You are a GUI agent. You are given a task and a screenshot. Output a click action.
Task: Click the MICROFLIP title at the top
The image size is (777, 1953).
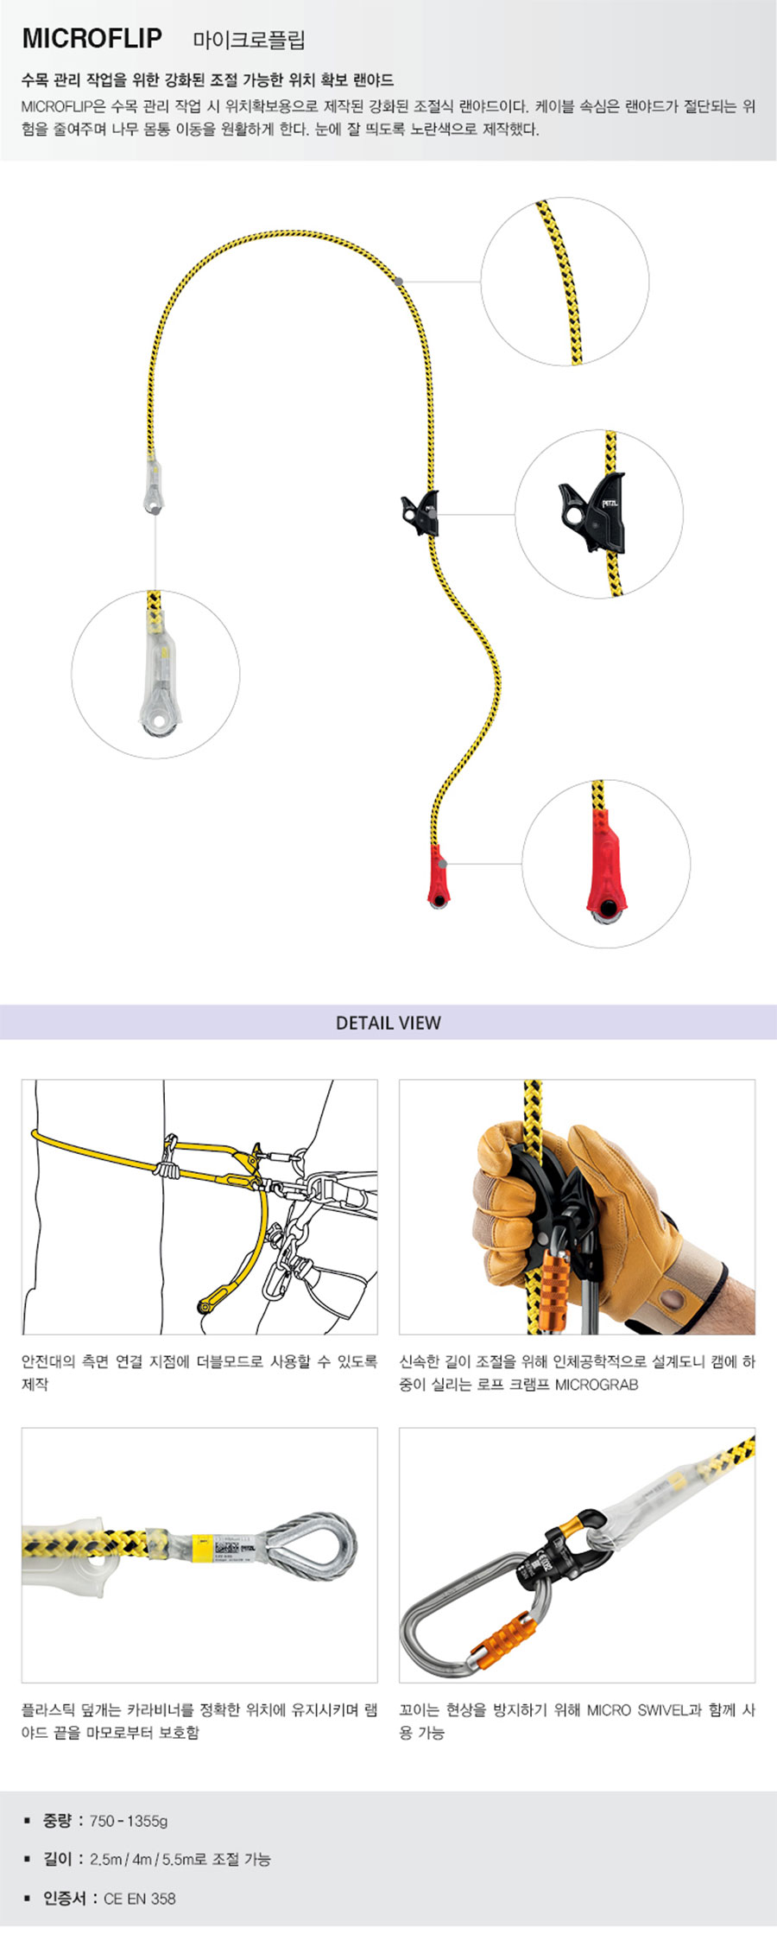pyautogui.click(x=92, y=38)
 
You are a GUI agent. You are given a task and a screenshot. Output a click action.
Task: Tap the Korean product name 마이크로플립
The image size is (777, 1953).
pyautogui.click(x=249, y=40)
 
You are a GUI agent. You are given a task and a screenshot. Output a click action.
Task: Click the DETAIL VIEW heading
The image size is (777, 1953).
pyautogui.click(x=388, y=1023)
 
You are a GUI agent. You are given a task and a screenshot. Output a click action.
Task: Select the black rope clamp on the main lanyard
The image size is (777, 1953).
pyautogui.click(x=420, y=512)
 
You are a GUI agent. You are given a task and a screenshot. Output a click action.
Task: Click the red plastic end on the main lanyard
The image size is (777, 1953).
pyautogui.click(x=439, y=876)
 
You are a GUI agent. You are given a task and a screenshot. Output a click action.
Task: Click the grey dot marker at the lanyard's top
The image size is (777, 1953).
pyautogui.click(x=398, y=281)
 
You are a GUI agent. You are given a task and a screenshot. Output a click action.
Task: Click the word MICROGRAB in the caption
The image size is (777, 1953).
pyautogui.click(x=597, y=1384)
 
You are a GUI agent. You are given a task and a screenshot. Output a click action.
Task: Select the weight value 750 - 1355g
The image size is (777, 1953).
pyautogui.click(x=129, y=1820)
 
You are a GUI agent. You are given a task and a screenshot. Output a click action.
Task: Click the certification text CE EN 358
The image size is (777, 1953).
pyautogui.click(x=139, y=1898)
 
